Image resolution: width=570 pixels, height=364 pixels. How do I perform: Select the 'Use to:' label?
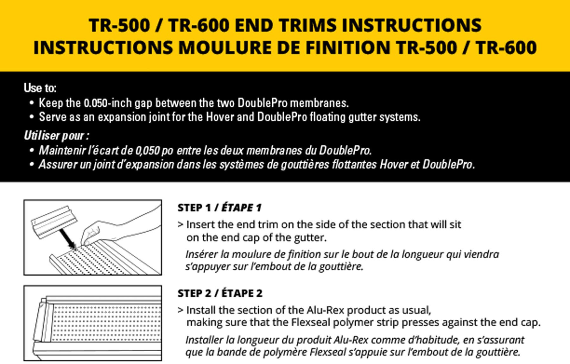click(40, 88)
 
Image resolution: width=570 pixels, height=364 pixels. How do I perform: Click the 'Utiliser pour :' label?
click(56, 135)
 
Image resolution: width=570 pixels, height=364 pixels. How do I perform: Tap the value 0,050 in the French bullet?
click(147, 150)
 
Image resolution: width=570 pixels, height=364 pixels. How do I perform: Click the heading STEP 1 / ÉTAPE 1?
click(219, 208)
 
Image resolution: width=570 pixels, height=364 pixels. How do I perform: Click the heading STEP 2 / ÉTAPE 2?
click(220, 293)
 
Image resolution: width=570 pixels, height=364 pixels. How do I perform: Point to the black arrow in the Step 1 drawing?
click(67, 238)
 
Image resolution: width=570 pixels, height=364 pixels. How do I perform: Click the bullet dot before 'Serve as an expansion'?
click(31, 117)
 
